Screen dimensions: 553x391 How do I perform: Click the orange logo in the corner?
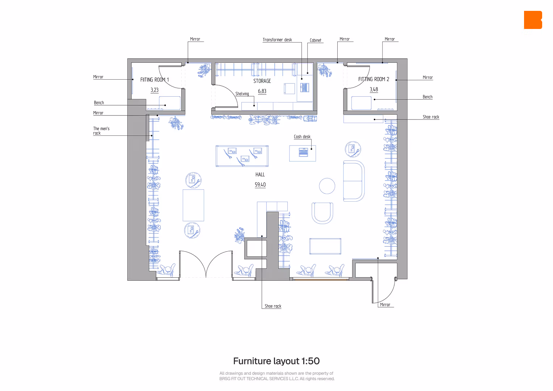pyautogui.click(x=533, y=20)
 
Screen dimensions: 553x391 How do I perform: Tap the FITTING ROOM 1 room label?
pyautogui.click(x=155, y=80)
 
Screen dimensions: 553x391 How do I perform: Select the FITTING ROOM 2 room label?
pyautogui.click(x=373, y=79)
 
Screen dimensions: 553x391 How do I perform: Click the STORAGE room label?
pyautogui.click(x=262, y=81)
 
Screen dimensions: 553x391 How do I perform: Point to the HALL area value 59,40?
pyautogui.click(x=260, y=185)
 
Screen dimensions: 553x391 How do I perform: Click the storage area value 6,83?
pyautogui.click(x=262, y=91)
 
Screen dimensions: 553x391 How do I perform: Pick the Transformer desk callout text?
pyautogui.click(x=277, y=40)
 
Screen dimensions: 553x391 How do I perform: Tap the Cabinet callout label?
pyautogui.click(x=316, y=40)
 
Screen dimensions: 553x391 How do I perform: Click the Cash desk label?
pyautogui.click(x=302, y=136)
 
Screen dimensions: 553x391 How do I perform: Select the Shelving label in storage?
pyautogui.click(x=242, y=94)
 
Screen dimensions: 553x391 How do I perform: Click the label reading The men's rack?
pyautogui.click(x=101, y=131)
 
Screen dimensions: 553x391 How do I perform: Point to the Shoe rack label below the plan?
pyautogui.click(x=273, y=306)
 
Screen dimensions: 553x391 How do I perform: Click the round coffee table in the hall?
pyautogui.click(x=327, y=186)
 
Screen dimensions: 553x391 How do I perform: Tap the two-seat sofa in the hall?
pyautogui.click(x=354, y=181)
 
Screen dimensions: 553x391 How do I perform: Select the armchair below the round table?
pyautogui.click(x=322, y=213)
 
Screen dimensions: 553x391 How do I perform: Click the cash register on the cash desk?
pyautogui.click(x=303, y=152)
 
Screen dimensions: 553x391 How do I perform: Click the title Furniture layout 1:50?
pyautogui.click(x=276, y=361)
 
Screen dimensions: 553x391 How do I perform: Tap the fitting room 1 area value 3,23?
pyautogui.click(x=155, y=90)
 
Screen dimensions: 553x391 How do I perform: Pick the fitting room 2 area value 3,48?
pyautogui.click(x=374, y=89)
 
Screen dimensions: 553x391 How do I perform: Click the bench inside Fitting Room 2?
pyautogui.click(x=361, y=103)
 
